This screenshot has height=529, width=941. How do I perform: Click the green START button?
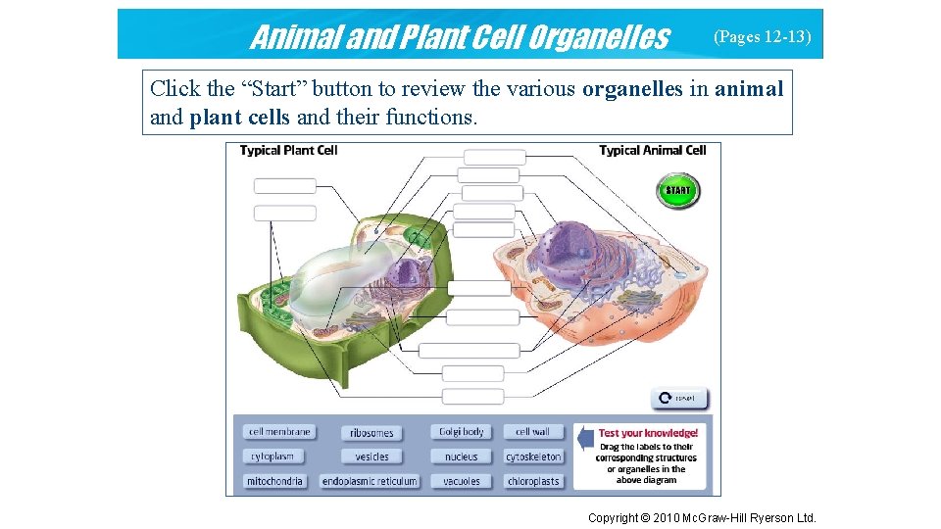click(677, 190)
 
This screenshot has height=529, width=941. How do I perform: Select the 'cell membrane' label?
click(279, 432)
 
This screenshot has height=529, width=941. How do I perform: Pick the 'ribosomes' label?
click(371, 433)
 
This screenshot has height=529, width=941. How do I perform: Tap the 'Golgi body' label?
click(461, 432)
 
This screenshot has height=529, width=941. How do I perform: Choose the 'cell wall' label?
click(533, 432)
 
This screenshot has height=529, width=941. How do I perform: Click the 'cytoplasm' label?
click(272, 457)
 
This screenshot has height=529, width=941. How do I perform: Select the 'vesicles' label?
click(371, 457)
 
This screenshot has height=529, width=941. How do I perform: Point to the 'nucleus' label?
click(461, 457)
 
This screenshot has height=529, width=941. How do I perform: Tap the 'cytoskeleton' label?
click(533, 457)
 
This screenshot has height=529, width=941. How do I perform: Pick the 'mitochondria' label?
click(275, 481)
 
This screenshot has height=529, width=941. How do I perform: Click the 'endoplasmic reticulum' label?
click(370, 481)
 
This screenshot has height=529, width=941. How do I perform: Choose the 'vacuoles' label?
click(461, 481)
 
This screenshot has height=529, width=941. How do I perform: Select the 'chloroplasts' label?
click(533, 481)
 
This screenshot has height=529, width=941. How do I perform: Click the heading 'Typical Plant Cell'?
click(288, 151)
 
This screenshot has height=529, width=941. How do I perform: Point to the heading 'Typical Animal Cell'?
click(652, 151)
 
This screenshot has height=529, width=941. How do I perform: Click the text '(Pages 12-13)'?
click(762, 37)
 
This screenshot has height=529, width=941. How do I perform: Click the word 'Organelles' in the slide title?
click(598, 37)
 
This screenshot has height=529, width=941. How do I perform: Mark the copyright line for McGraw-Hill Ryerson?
click(701, 517)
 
